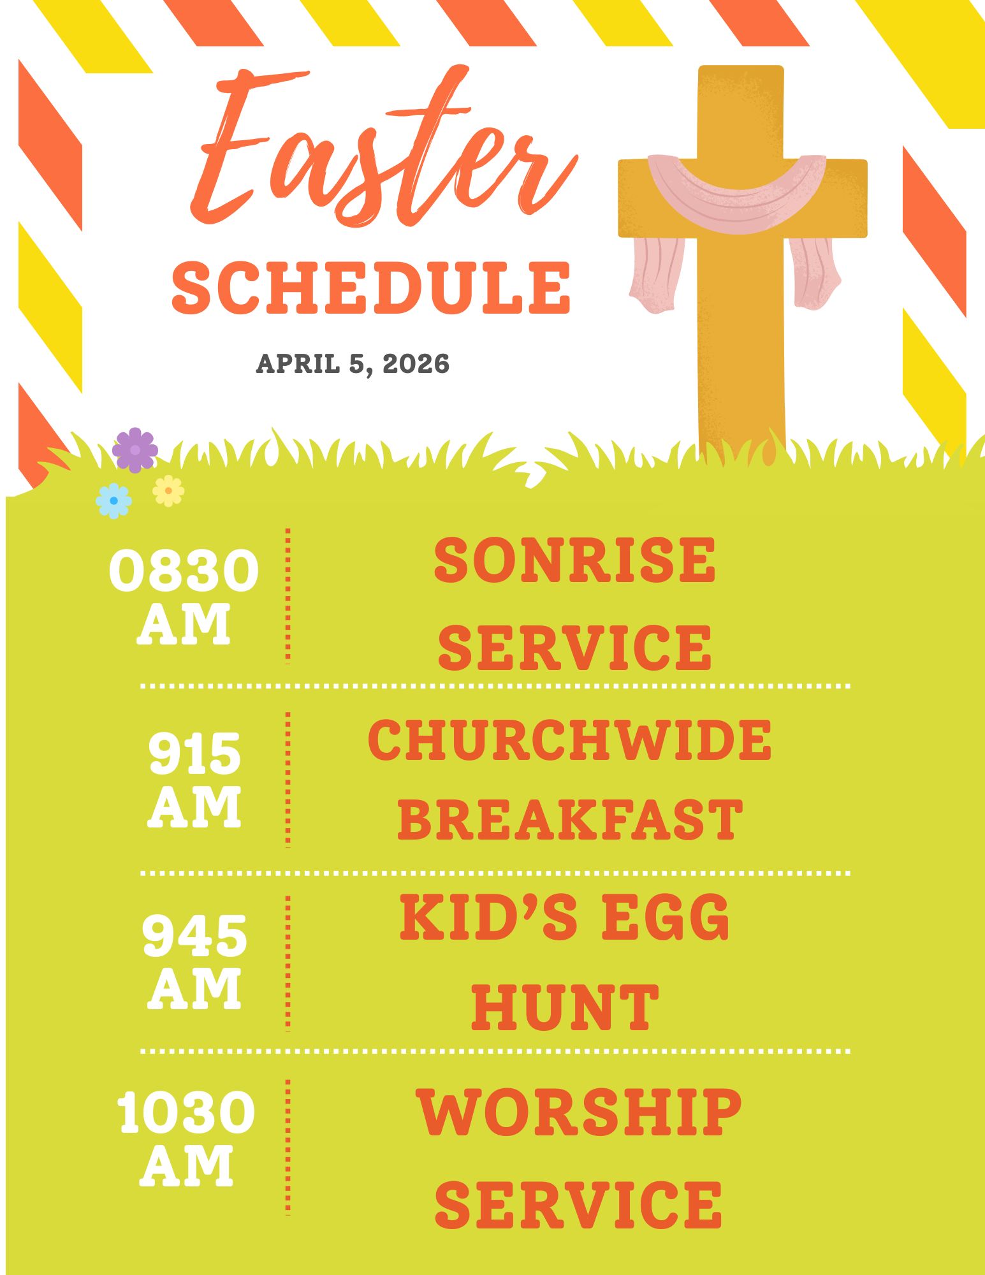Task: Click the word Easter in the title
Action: point(383,147)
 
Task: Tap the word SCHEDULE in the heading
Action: point(371,288)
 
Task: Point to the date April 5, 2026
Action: point(353,364)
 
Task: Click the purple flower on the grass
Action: point(135,450)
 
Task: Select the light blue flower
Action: point(113,500)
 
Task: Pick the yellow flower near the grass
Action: point(168,491)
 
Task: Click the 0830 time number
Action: point(184,571)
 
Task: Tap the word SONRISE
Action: point(574,560)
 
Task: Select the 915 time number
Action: point(194,753)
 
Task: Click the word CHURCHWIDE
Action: point(569,740)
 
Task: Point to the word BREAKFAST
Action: point(570,819)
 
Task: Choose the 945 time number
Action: point(194,935)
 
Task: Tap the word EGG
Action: point(666,917)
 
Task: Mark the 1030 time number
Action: point(186,1112)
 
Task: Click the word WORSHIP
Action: point(579,1112)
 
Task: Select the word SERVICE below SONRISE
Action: point(574,648)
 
